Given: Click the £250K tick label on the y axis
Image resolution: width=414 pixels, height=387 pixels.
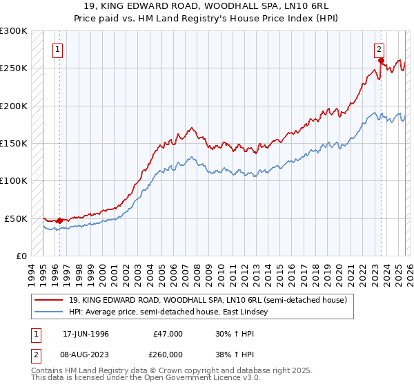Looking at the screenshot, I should click(13, 68).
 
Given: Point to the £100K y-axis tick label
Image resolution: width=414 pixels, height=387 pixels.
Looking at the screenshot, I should click(13, 181).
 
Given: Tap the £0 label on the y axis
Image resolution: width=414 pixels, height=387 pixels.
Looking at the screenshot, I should click(20, 256).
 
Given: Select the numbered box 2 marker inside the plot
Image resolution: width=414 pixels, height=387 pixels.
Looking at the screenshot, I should click(379, 49).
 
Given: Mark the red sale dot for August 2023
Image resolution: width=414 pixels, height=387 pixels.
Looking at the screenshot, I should click(380, 61).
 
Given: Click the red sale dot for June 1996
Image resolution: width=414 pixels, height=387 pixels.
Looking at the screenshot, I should click(59, 220).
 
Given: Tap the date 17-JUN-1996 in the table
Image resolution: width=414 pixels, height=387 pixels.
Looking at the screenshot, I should click(86, 334).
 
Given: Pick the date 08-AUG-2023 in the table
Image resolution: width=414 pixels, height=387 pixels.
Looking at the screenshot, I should click(86, 354).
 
